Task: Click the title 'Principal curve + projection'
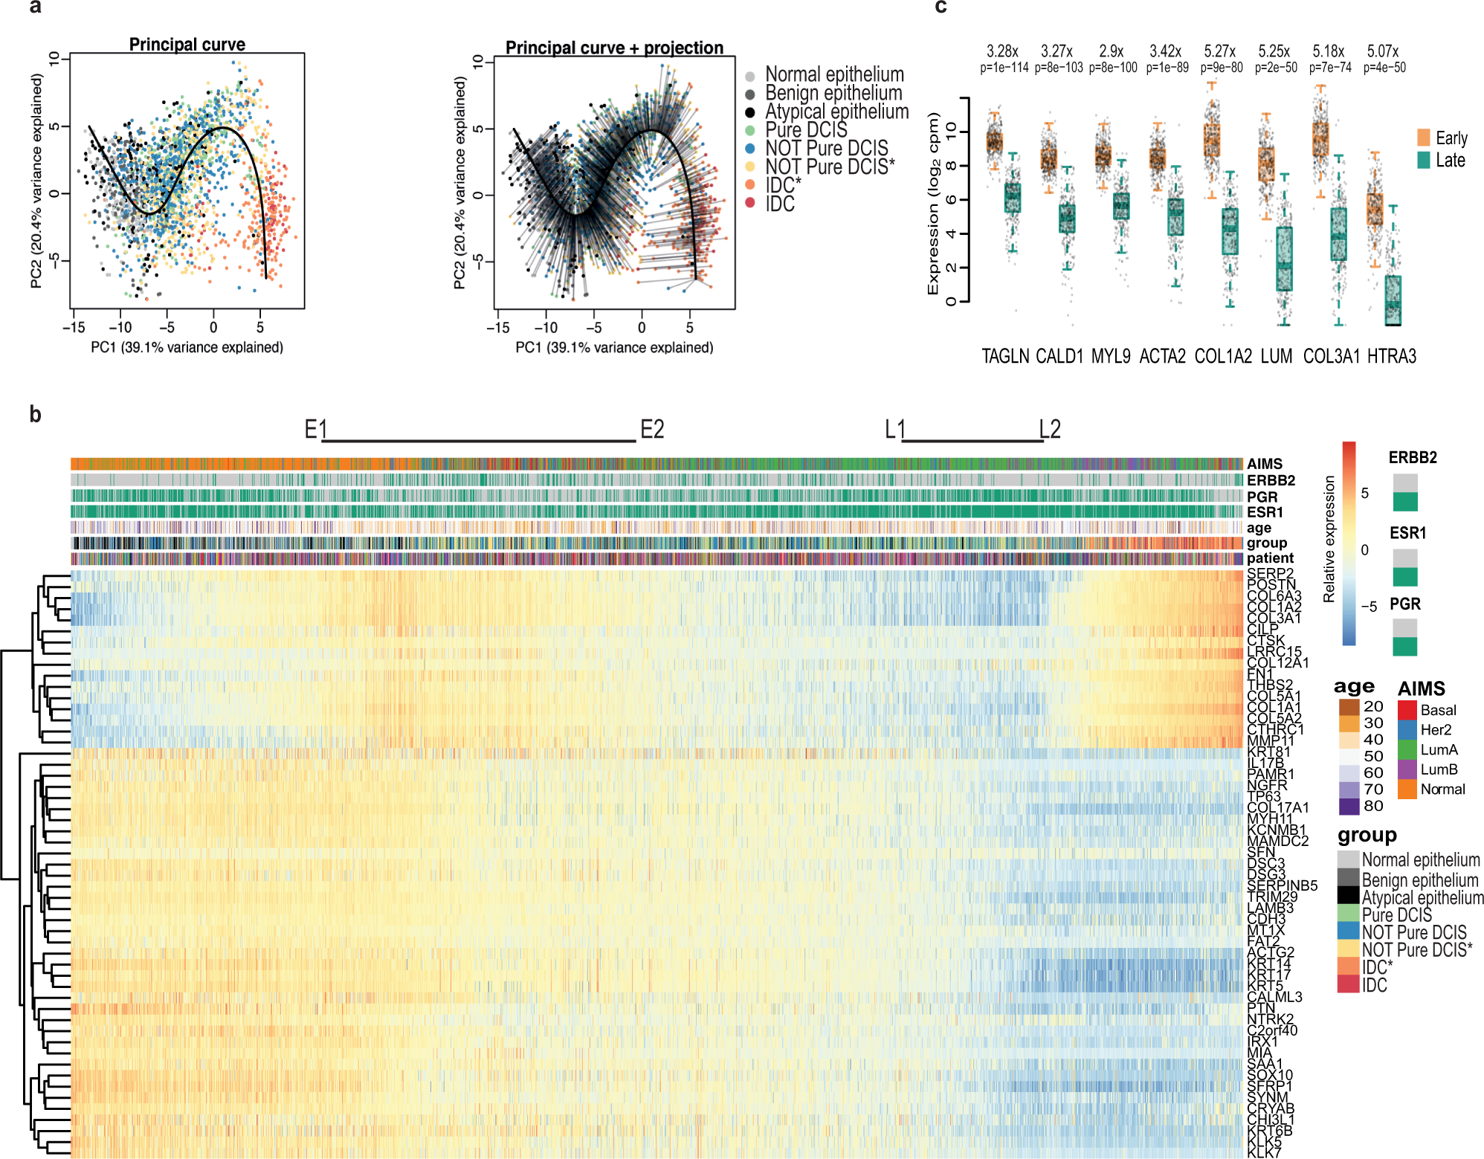[614, 48]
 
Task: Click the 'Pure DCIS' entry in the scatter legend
[806, 130]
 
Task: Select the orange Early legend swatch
[1424, 138]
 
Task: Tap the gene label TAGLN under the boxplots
[1005, 356]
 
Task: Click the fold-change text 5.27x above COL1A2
[1219, 51]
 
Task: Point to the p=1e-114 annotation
[1004, 68]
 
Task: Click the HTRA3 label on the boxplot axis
[1391, 356]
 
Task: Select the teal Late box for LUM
[1284, 259]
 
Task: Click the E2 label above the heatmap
[652, 429]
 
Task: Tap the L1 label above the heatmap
[894, 429]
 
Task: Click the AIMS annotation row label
[1265, 464]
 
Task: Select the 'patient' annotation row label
[1270, 558]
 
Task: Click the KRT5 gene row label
[1265, 986]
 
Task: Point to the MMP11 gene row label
[1270, 740]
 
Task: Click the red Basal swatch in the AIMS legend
[1407, 710]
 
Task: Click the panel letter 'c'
[941, 7]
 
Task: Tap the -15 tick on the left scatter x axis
[73, 328]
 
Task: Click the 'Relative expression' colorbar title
[1329, 539]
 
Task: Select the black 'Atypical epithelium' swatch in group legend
[1348, 897]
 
